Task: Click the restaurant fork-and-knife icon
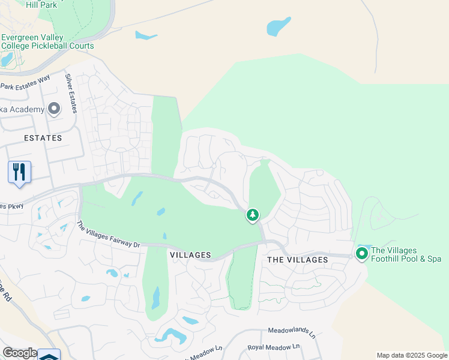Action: click(x=19, y=172)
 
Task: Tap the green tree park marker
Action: click(x=253, y=214)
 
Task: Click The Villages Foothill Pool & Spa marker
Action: click(x=362, y=254)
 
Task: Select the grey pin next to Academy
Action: click(x=54, y=109)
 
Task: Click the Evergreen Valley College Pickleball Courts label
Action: click(x=47, y=41)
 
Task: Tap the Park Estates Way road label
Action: click(x=25, y=83)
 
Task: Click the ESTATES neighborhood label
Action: click(x=43, y=138)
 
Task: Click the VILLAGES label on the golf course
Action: click(x=190, y=255)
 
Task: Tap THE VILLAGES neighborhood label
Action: click(x=297, y=260)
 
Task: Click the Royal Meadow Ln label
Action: click(x=273, y=347)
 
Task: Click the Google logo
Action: click(x=19, y=353)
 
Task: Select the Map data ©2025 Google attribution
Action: click(x=412, y=355)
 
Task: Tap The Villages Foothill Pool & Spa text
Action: click(x=406, y=254)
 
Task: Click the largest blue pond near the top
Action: click(x=279, y=26)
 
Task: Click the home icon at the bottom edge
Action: click(x=49, y=355)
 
